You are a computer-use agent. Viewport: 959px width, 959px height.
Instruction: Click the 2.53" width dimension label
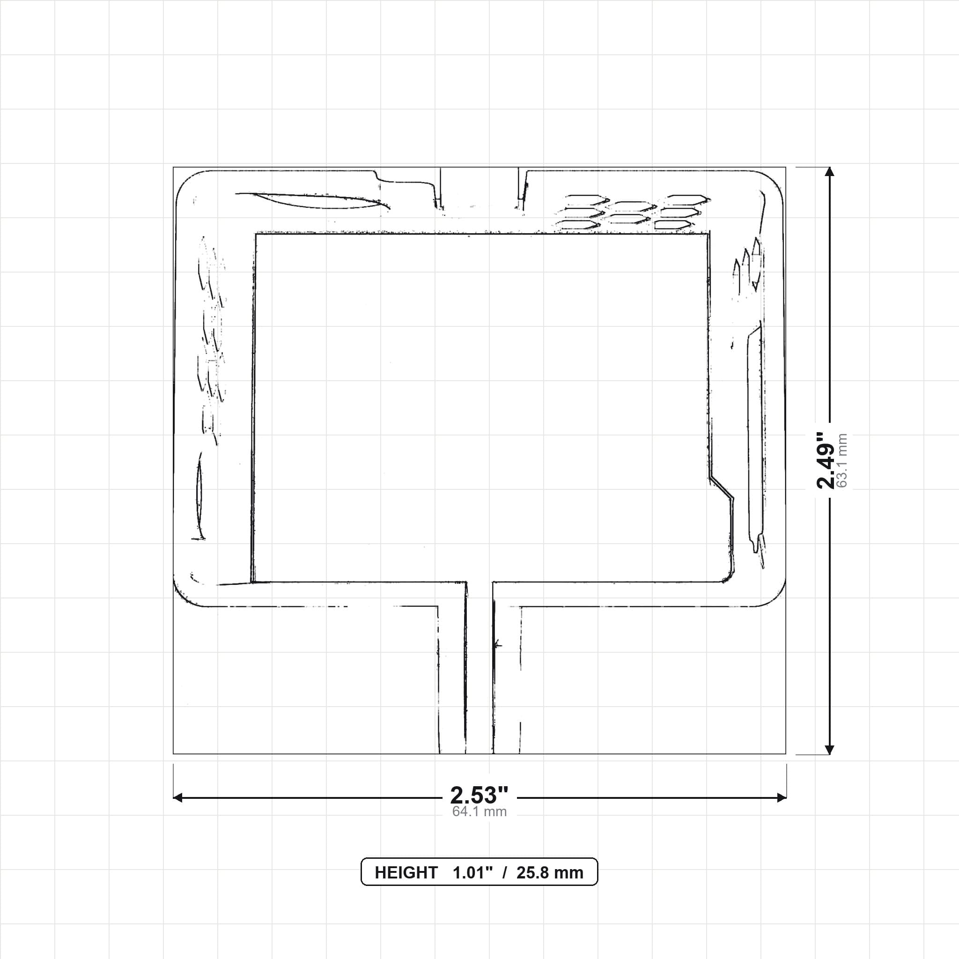point(479,796)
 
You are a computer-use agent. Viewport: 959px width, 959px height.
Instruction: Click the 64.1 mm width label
point(479,811)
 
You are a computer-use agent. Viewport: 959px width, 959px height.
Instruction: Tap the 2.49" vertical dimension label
point(826,460)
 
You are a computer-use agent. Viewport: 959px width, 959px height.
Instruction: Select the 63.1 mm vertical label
point(842,461)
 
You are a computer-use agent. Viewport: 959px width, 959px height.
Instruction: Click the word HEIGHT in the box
point(406,873)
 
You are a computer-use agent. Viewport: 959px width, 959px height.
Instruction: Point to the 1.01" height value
point(472,873)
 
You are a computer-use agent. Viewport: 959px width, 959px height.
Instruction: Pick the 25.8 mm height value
point(550,873)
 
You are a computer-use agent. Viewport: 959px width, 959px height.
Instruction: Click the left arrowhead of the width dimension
point(177,797)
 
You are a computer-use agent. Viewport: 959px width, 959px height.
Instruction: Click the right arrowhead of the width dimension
point(782,797)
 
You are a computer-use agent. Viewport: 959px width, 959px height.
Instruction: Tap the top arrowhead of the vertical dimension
point(829,172)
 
